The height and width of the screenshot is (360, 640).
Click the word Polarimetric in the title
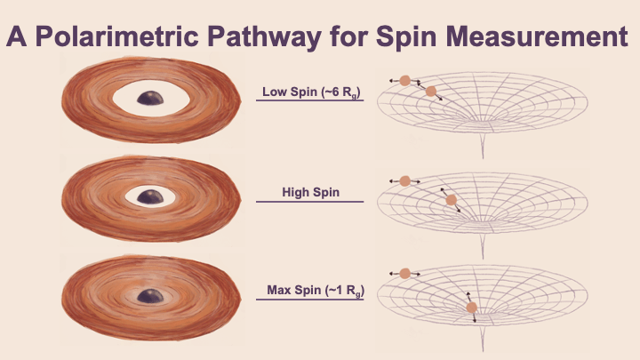117,37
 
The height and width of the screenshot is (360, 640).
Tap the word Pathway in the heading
265,37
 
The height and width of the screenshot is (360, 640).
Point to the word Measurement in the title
537,36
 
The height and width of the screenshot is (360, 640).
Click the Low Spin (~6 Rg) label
311,92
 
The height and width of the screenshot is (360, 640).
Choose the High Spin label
310,192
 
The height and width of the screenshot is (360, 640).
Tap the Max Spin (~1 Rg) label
316,291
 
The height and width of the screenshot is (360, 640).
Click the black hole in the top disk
150,98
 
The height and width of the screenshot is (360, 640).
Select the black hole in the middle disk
150,196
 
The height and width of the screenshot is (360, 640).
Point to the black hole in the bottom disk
150,296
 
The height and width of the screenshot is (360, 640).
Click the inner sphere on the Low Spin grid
430,92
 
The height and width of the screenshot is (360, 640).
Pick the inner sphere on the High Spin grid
451,200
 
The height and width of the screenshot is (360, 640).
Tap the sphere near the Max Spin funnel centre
471,308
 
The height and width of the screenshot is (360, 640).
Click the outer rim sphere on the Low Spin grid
404,80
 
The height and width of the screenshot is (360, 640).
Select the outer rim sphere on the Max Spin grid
404,274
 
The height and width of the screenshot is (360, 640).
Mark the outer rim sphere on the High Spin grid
404,180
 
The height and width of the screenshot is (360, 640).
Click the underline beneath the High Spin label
310,202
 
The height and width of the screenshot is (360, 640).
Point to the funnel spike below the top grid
483,144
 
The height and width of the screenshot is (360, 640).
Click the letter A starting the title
16,36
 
